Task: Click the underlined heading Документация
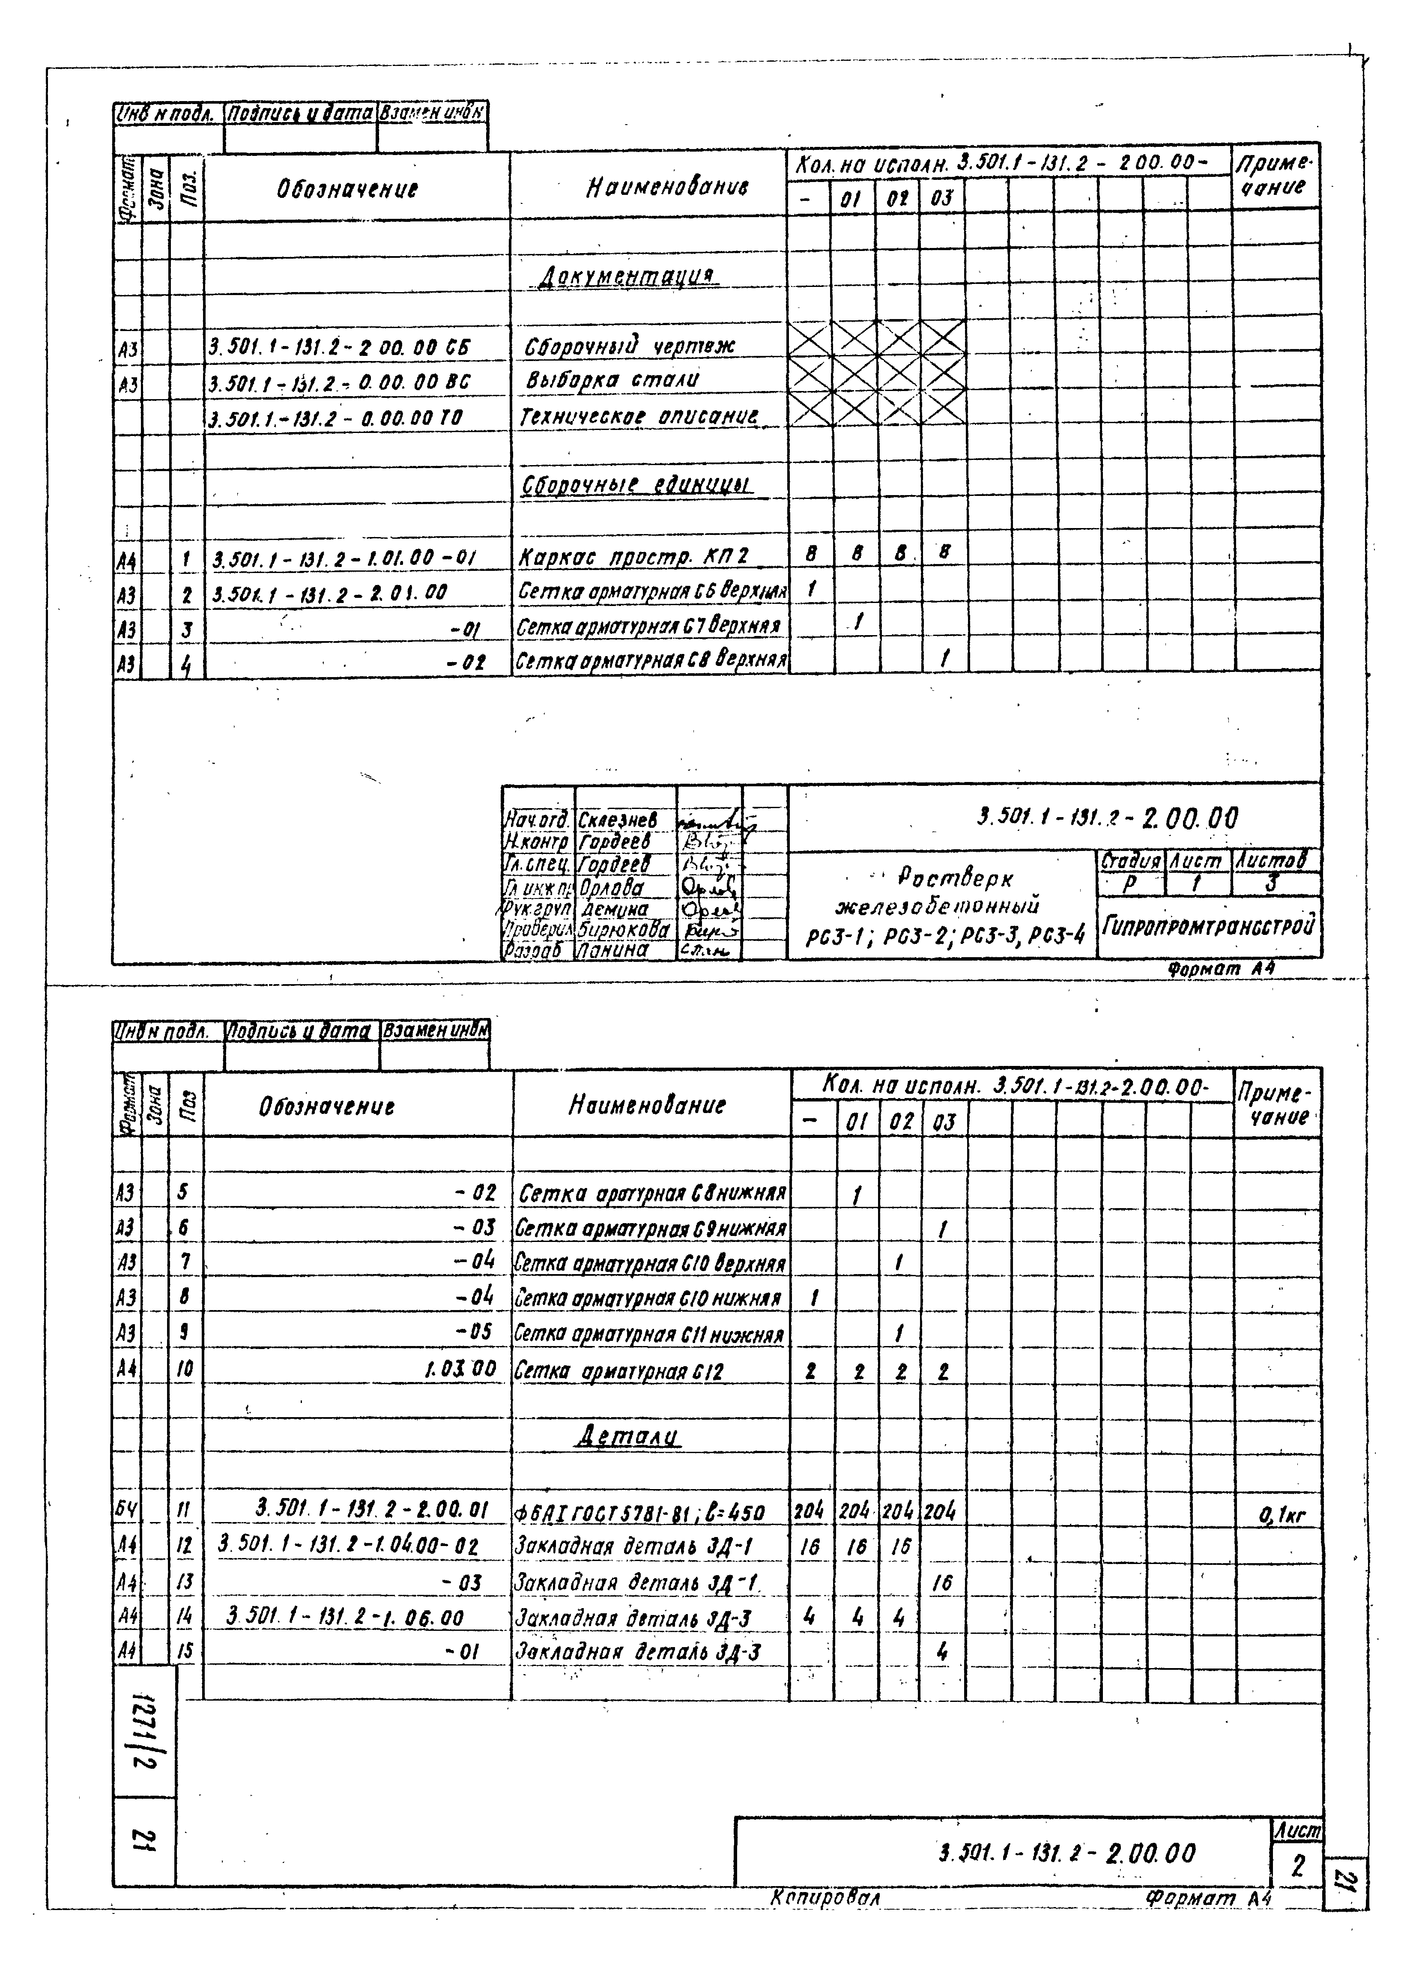point(627,277)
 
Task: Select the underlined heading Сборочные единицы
point(636,485)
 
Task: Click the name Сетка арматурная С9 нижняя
point(651,1229)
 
